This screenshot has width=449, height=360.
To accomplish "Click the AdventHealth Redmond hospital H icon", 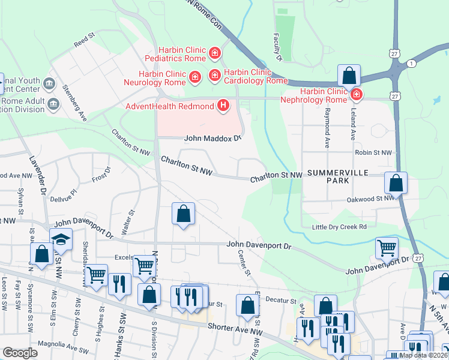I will point(223,106).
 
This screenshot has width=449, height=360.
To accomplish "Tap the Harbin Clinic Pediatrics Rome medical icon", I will point(214,55).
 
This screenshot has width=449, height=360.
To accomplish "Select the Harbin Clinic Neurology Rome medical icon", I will point(194,77).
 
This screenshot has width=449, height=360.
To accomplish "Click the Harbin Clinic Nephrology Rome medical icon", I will point(357,95).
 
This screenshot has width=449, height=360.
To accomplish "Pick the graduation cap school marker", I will point(61,240).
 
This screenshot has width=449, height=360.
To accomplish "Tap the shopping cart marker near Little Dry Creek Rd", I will point(387,247).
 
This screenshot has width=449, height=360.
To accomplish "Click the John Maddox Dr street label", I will point(212,137).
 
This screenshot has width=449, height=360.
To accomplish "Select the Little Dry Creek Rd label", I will point(339,226).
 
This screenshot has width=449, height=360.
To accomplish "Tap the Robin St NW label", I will point(373,153).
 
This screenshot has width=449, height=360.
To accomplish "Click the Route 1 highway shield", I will point(411,64).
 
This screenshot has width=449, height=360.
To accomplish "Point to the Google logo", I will point(20,353).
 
